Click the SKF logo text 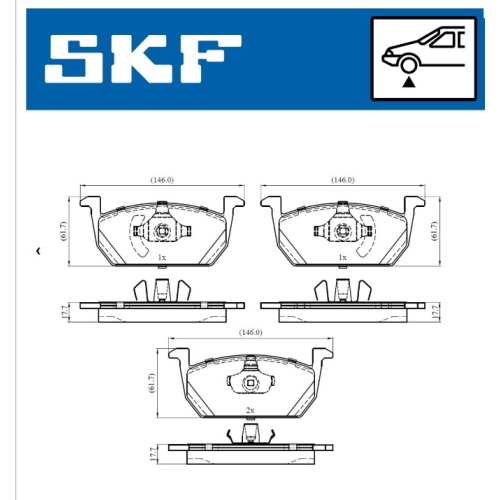point(143,59)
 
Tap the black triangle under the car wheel point(409,82)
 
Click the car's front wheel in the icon point(409,64)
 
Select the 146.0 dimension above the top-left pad point(162,180)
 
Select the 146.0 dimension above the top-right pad point(343,180)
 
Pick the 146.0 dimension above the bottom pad point(251,332)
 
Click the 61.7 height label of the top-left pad point(64,231)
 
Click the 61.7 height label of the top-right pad point(434,231)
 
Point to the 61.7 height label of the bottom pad point(152,383)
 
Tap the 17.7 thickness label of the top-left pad point(65,311)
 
